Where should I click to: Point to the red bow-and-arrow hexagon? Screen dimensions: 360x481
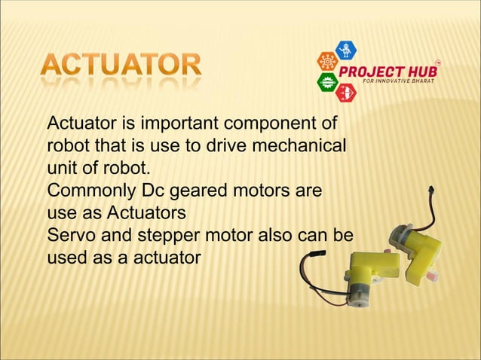[x=345, y=92]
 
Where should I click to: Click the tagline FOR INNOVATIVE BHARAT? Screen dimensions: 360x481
[x=399, y=81]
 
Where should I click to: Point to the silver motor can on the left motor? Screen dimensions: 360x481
[x=356, y=294]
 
